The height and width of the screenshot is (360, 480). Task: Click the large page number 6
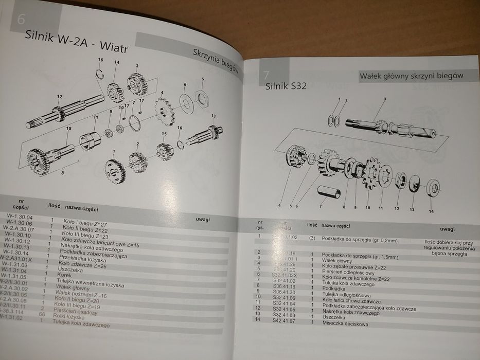(22, 19)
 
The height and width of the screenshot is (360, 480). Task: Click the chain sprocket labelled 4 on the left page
(165, 109)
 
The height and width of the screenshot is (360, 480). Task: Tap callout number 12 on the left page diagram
(60, 97)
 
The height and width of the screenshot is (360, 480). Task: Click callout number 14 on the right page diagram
(431, 211)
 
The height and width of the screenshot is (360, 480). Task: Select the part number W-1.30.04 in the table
(20, 217)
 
